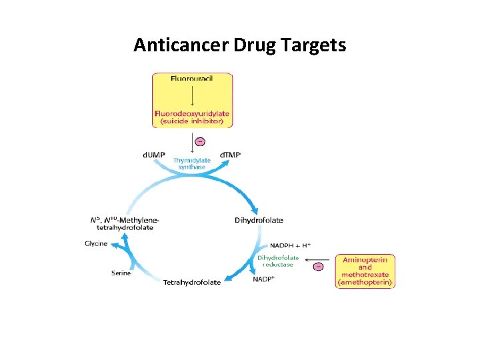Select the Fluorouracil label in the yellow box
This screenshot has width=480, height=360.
(x=192, y=79)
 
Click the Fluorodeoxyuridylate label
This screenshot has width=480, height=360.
(x=192, y=113)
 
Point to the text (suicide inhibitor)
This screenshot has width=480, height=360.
(x=192, y=121)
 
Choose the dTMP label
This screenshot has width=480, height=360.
(x=231, y=155)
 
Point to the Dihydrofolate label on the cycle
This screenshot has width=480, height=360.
(x=259, y=220)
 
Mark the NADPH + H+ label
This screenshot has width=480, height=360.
(x=289, y=245)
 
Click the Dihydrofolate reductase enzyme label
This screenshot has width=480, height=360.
(x=279, y=261)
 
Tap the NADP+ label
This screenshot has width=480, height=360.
(x=263, y=279)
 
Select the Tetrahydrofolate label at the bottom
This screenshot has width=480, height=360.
(x=192, y=282)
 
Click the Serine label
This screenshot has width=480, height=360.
(x=121, y=273)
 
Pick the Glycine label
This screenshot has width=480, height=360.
(x=96, y=243)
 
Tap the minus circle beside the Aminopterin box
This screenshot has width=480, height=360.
(x=318, y=267)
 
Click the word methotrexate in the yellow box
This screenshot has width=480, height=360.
(x=365, y=275)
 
